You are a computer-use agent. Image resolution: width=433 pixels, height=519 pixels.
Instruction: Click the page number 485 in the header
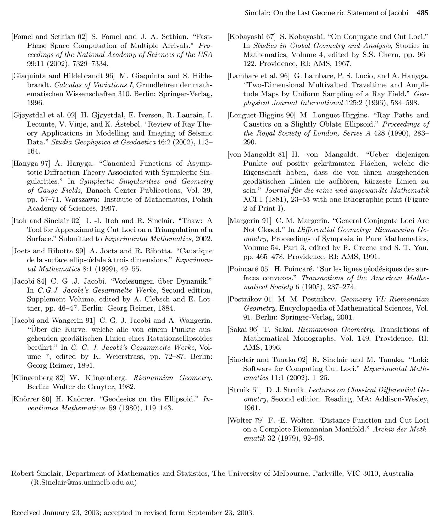pyautogui.click(x=422, y=13)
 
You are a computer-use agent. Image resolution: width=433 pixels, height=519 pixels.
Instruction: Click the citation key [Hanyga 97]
pyautogui.click(x=31, y=164)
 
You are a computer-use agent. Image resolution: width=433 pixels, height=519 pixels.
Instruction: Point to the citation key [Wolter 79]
pyautogui.click(x=244, y=420)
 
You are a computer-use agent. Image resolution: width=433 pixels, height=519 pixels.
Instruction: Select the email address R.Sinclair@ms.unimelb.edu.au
pyautogui.click(x=84, y=483)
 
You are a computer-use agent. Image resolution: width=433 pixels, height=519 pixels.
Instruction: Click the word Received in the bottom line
pyautogui.click(x=25, y=513)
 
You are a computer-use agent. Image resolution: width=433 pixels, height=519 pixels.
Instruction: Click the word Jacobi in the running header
pyautogui.click(x=398, y=13)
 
